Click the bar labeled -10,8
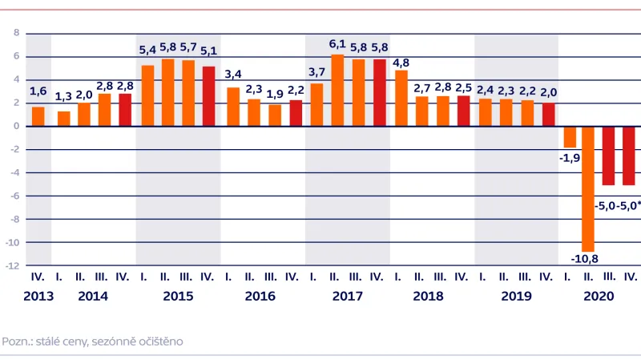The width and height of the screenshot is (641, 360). [x=588, y=188]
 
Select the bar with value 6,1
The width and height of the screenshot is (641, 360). [x=338, y=91]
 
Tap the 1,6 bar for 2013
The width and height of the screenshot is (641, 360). [x=38, y=116]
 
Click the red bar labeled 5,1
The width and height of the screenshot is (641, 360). [x=208, y=96]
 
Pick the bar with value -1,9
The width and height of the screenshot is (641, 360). [x=569, y=137]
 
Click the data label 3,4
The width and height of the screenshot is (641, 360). [x=232, y=75]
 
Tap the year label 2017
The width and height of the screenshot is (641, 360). [x=348, y=296]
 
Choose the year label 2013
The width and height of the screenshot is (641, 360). [x=38, y=296]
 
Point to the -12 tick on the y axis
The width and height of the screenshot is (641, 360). [x=14, y=265]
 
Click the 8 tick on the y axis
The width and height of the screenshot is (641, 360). [x=16, y=34]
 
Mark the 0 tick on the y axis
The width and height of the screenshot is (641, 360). [x=16, y=126]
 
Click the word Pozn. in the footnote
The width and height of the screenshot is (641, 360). [x=17, y=341]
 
